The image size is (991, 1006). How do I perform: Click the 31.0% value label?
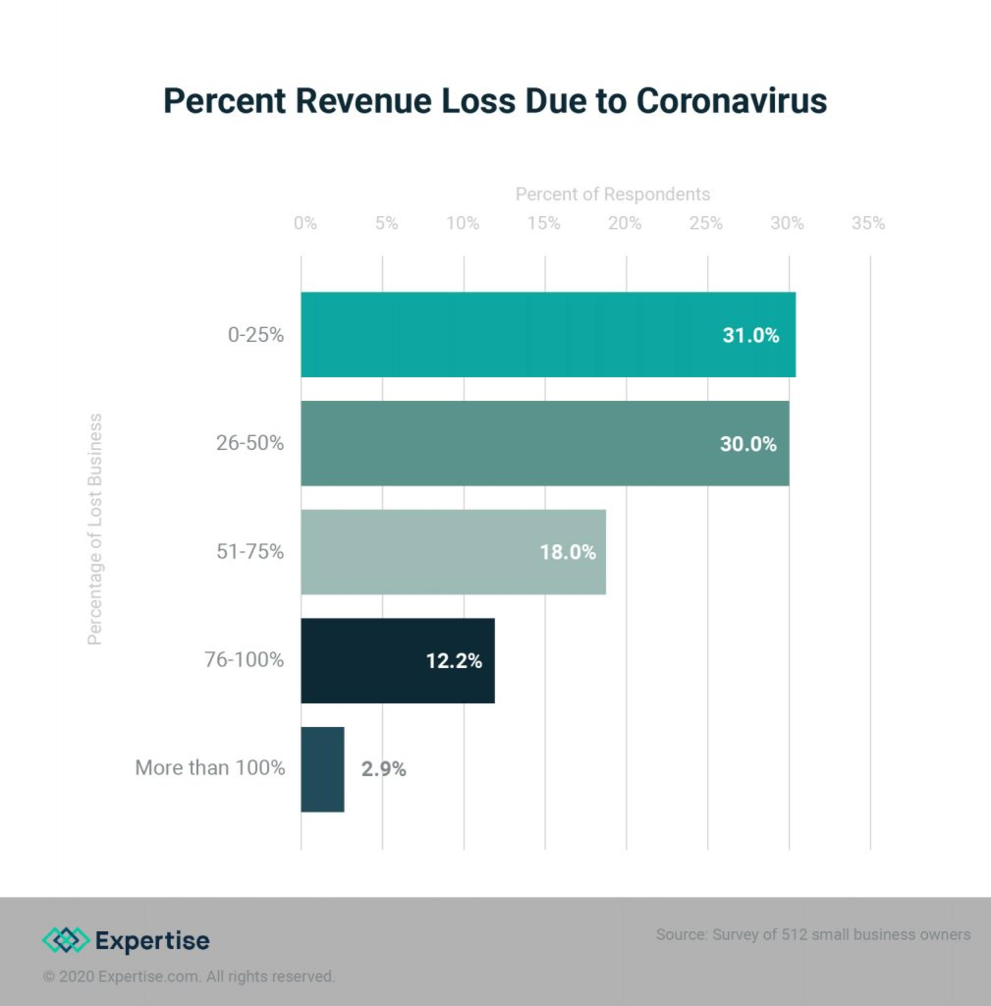coord(750,335)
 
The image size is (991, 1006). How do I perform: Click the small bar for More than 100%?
coord(322,769)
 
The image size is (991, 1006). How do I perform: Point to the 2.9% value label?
coord(383,769)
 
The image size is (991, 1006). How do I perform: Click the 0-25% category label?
coord(255,335)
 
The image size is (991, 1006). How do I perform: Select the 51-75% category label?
coord(250,551)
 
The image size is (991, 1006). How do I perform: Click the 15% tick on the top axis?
coord(544,223)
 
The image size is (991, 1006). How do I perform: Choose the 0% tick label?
coord(305,223)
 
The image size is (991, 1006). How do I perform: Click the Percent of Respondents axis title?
coord(613,194)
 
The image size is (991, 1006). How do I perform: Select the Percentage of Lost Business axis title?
coord(95,529)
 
